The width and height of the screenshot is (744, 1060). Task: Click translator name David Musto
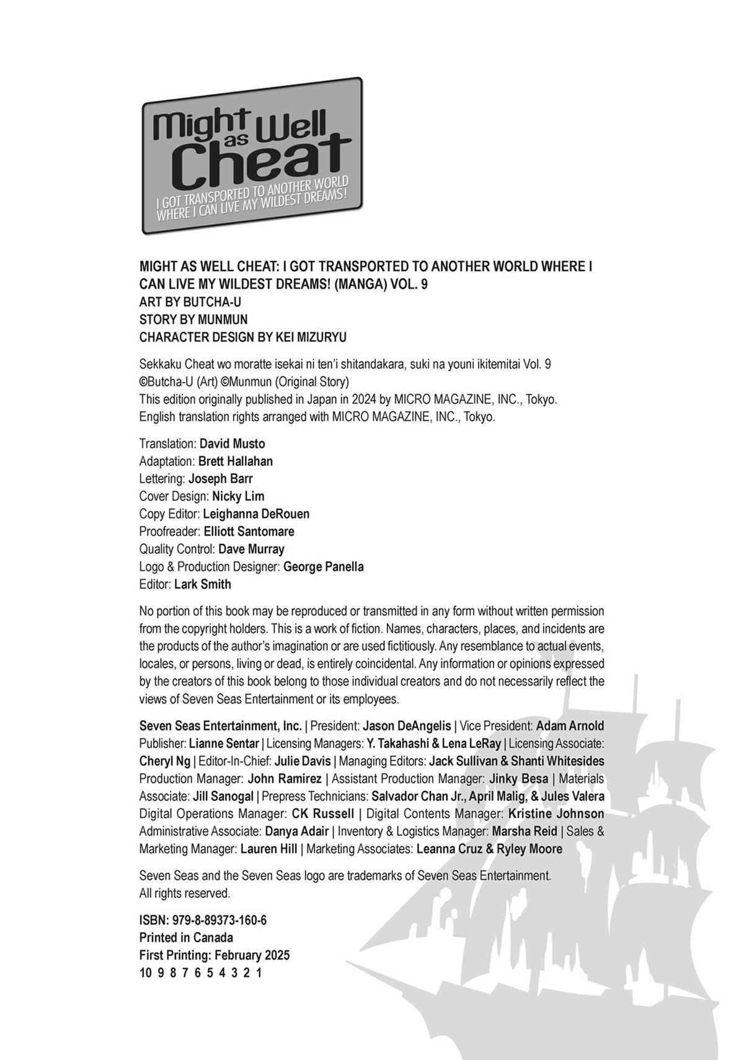click(x=232, y=443)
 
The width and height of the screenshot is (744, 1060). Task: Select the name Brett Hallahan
click(x=236, y=461)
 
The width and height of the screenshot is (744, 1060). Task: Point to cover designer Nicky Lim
click(x=238, y=496)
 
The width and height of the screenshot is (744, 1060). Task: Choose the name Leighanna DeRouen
click(x=256, y=514)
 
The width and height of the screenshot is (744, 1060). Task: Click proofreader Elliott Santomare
click(x=249, y=531)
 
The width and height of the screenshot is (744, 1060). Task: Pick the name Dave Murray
click(x=251, y=549)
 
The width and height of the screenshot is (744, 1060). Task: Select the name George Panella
click(x=324, y=566)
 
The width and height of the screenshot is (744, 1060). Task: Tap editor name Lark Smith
click(x=203, y=584)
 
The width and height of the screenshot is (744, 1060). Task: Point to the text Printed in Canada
click(x=186, y=937)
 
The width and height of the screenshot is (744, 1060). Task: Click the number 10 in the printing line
click(x=145, y=973)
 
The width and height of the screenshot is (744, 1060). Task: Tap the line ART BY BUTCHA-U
click(x=190, y=302)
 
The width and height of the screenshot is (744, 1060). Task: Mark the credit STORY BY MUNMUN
click(x=193, y=319)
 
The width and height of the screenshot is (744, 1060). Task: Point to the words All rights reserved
click(x=185, y=893)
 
